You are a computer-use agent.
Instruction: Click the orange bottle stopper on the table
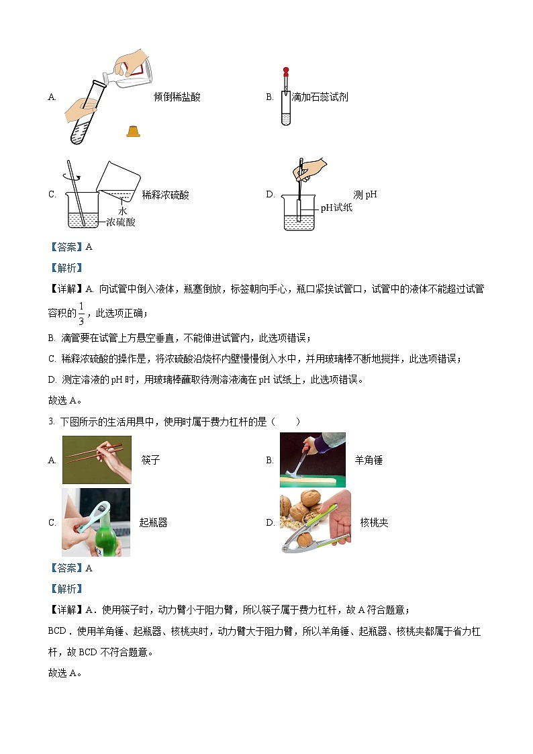click(133, 131)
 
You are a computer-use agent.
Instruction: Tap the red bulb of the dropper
click(285, 70)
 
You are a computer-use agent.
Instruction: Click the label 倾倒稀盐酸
click(177, 97)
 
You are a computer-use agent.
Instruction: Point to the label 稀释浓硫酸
click(165, 195)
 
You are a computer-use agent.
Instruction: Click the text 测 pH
click(365, 195)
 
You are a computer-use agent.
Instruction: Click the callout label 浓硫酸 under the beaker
click(120, 222)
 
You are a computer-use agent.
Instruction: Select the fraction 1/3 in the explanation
click(81, 312)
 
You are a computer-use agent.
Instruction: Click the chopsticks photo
click(97, 460)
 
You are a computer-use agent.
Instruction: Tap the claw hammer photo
click(312, 460)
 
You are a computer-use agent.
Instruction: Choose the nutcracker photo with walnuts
click(315, 522)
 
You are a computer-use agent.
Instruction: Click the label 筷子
click(150, 461)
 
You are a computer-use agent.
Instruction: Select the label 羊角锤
click(368, 461)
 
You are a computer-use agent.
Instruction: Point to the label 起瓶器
click(153, 522)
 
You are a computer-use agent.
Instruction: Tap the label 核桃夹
click(374, 522)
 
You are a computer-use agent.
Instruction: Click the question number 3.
click(51, 421)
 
